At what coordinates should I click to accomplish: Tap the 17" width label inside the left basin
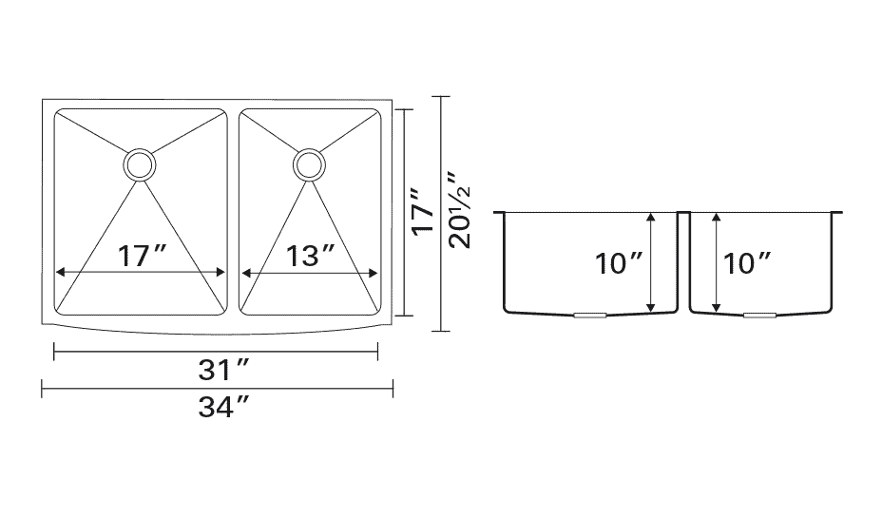pos(143,257)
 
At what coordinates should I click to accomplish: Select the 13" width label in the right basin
pos(311,257)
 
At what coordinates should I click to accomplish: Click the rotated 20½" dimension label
pos(460,210)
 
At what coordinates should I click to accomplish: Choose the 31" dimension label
pos(223,370)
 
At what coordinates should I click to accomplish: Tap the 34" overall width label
pos(223,407)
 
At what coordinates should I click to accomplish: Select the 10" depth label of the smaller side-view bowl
pos(747,263)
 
